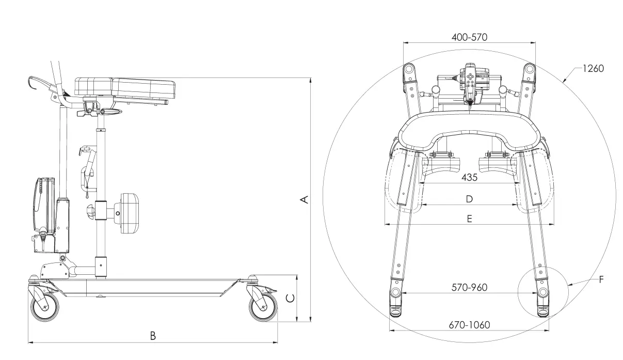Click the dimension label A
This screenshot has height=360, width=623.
[305, 199]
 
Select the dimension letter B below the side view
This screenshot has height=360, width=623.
[153, 336]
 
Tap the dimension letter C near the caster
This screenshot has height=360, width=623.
[291, 298]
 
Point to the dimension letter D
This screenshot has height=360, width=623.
[469, 199]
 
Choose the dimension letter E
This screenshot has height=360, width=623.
[469, 218]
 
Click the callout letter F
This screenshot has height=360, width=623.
[601, 279]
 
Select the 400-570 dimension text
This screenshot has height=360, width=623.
[469, 37]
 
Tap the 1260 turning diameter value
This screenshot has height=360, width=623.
[593, 69]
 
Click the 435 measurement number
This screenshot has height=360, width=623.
[469, 177]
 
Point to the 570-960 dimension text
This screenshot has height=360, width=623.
[469, 287]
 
